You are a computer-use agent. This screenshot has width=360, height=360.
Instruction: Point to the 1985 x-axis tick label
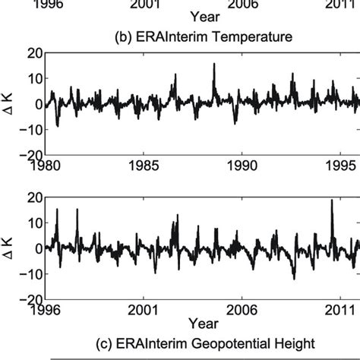[145, 164]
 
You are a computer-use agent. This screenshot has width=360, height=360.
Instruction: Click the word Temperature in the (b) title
[238, 36]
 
